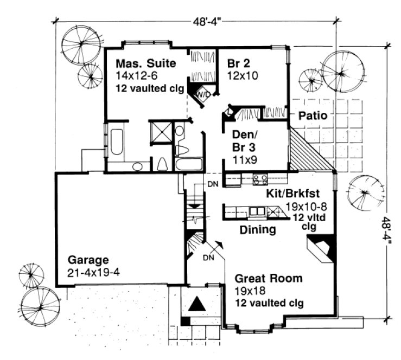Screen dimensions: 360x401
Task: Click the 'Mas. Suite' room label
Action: point(145,63)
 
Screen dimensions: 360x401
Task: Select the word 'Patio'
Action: point(311,115)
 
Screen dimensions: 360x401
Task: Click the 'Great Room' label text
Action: point(268,279)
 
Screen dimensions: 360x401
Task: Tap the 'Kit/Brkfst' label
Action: point(292,193)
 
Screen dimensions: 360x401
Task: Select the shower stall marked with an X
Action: point(161,131)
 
